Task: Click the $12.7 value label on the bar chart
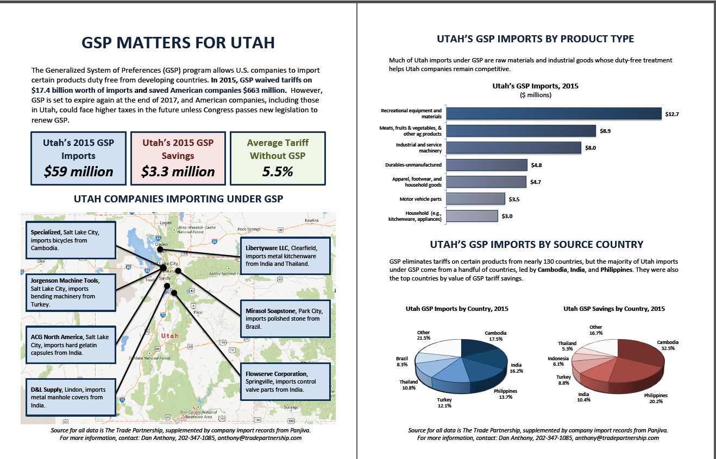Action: coord(672,114)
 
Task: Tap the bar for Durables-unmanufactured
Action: coord(487,165)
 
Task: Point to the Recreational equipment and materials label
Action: coord(411,113)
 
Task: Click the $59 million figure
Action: coord(78,171)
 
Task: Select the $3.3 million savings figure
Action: coord(178,171)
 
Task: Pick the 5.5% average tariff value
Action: coord(278,171)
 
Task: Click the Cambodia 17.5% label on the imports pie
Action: coord(495,336)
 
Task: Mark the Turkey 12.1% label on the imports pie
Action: coord(444,402)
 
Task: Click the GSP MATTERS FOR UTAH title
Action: coord(178,43)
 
